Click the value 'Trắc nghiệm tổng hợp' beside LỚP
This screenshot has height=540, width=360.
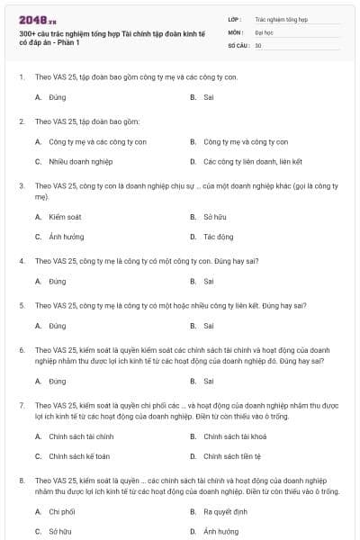pos(281,18)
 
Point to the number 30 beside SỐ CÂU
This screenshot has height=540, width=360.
pos(258,45)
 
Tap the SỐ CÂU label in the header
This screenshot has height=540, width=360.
pos(238,45)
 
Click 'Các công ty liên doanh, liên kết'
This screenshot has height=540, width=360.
pos(239,162)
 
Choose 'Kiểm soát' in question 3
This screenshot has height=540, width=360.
pos(65,217)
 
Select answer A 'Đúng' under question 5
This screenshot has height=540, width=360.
pos(58,326)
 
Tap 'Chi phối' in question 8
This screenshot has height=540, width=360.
pos(62,511)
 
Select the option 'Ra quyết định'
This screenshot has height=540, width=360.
pos(225,511)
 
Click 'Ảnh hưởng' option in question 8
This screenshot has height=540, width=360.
pos(220,531)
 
